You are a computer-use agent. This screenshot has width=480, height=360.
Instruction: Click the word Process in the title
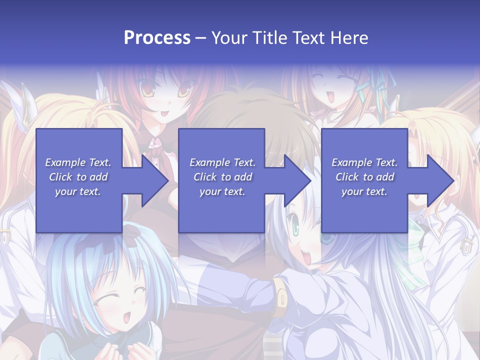(157, 38)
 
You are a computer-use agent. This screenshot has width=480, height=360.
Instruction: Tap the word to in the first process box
(81, 177)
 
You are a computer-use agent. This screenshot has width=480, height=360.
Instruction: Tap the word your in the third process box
(352, 191)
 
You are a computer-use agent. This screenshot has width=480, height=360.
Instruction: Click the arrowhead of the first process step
(154, 180)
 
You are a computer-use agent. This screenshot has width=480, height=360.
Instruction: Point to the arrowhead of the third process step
(440, 180)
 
